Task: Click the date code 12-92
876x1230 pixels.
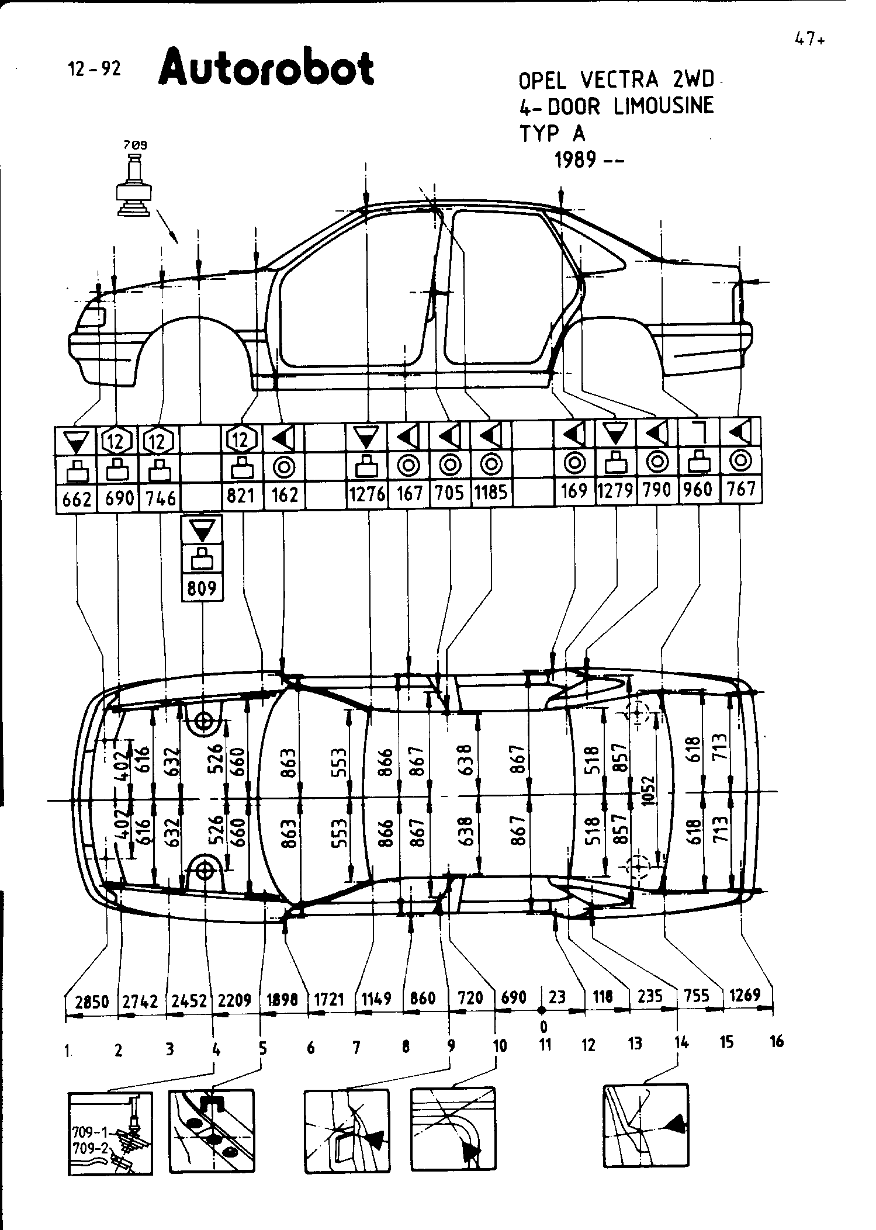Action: [x=94, y=70]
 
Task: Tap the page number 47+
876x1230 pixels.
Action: [x=809, y=40]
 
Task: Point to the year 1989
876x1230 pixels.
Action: [x=575, y=160]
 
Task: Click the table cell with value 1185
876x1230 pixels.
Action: [x=491, y=493]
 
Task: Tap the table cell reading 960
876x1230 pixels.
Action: [x=699, y=489]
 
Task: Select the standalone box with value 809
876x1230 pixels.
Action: [x=202, y=588]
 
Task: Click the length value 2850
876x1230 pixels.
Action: [x=92, y=1002]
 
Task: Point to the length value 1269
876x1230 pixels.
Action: [x=745, y=995]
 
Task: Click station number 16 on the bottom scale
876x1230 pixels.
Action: [x=777, y=1041]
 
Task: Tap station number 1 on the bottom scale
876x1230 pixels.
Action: [x=68, y=1051]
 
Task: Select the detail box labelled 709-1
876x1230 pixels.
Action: [x=110, y=1133]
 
